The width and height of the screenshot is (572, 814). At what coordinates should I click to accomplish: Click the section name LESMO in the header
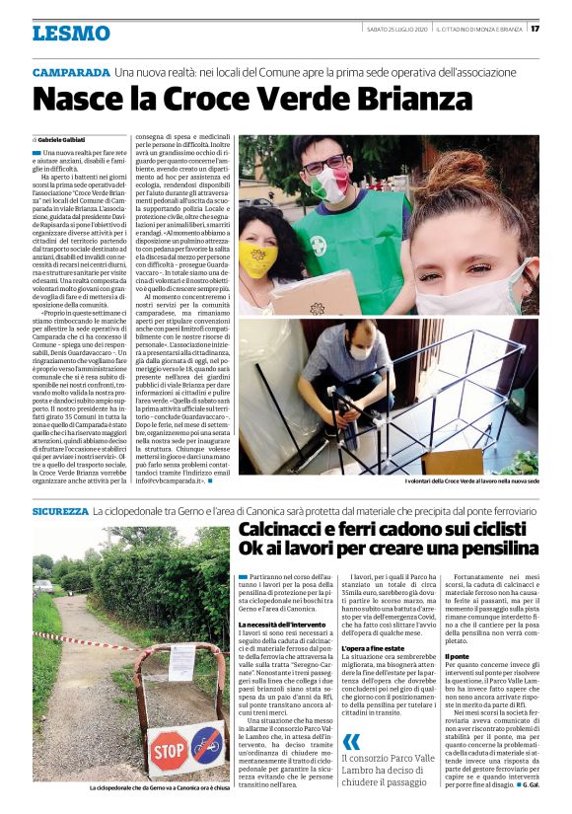[71, 34]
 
